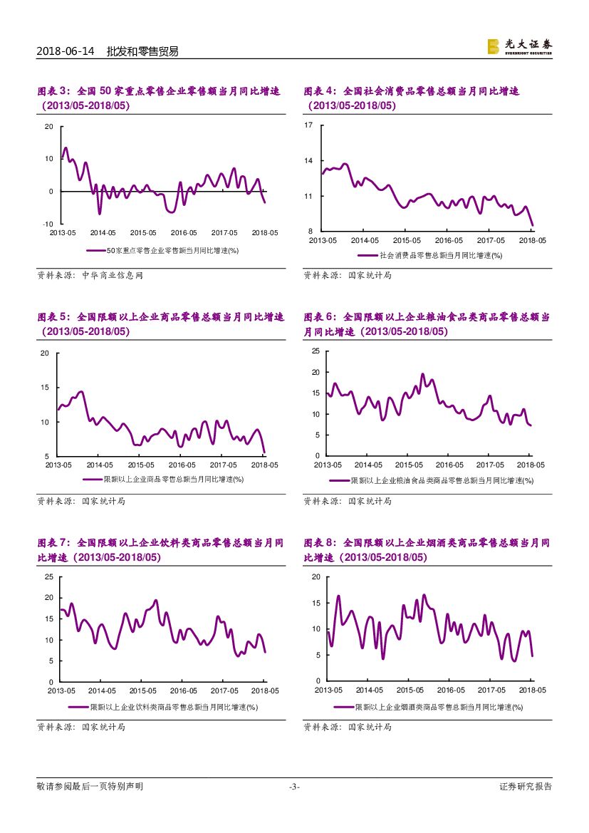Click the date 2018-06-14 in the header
(x=66, y=51)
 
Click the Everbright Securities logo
(x=518, y=46)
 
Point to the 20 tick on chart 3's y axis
(x=49, y=127)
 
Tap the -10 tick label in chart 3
(x=48, y=224)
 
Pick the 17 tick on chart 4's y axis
(x=309, y=125)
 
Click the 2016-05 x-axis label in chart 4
(x=448, y=241)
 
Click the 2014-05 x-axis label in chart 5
(x=100, y=465)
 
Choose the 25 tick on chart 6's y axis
(x=316, y=351)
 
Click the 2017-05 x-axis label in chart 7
(x=224, y=690)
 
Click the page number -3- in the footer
(x=294, y=787)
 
